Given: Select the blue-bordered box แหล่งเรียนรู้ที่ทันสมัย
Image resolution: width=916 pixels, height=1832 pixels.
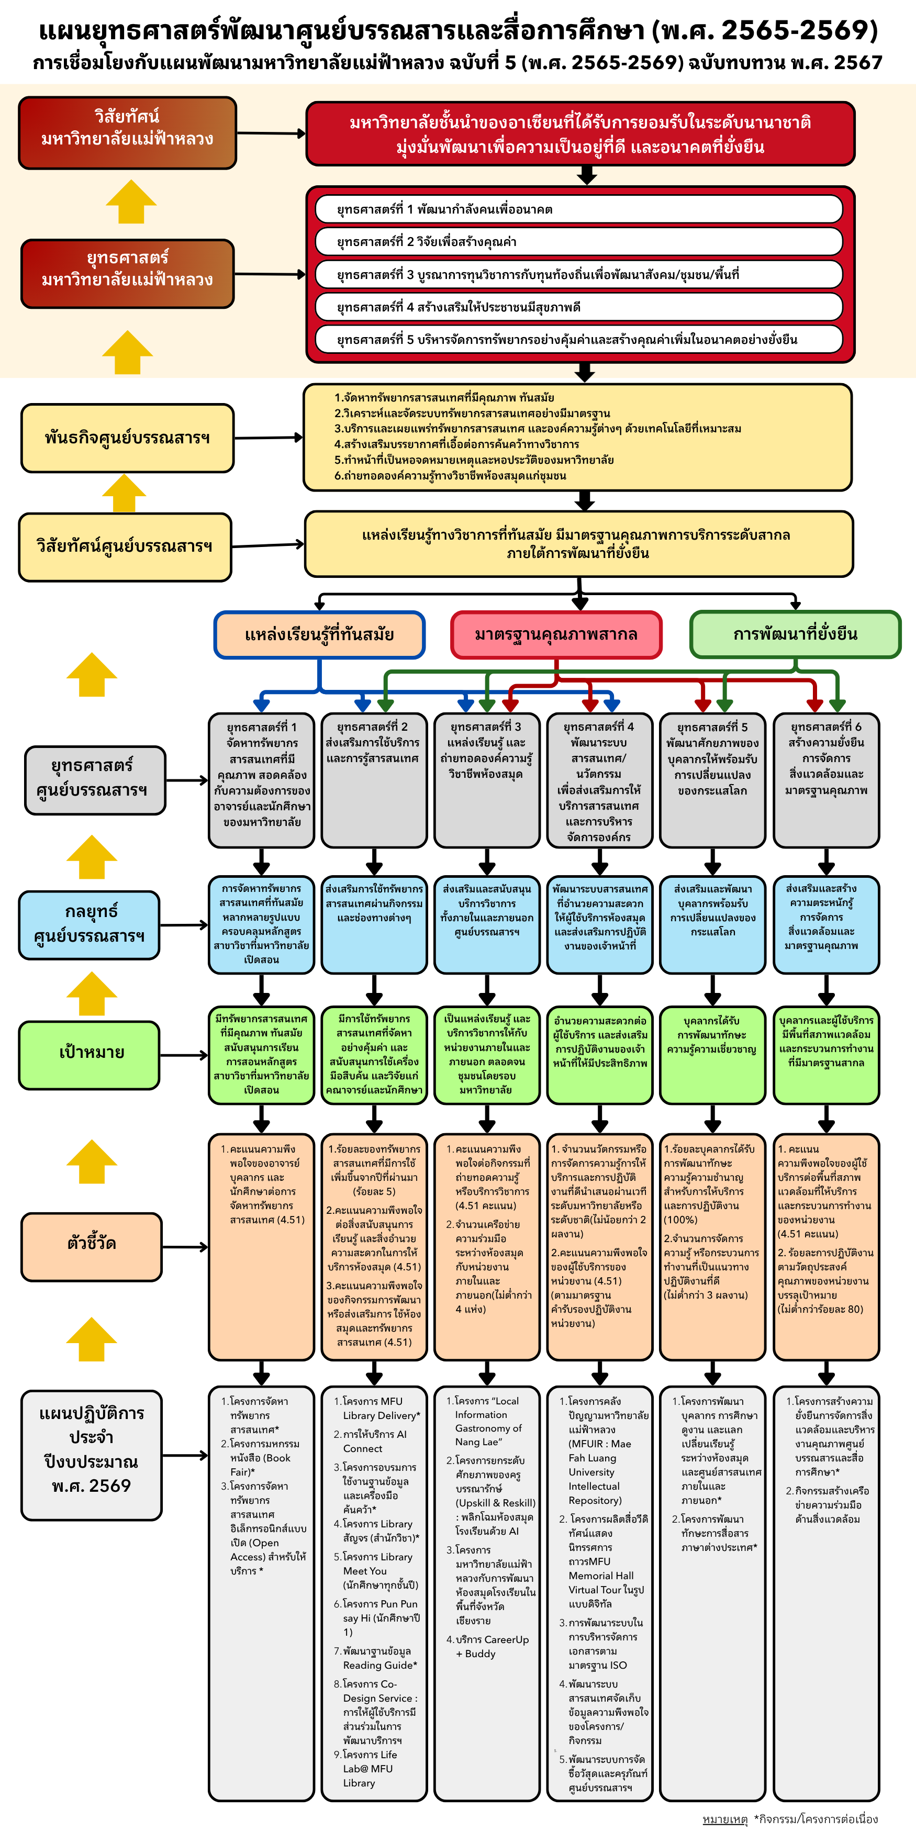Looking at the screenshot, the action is (319, 634).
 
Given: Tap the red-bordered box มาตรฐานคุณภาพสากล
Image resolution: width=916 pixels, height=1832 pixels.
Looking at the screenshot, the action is (556, 634).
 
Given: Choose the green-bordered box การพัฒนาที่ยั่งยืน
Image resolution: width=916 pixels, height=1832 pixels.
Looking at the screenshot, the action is (795, 634).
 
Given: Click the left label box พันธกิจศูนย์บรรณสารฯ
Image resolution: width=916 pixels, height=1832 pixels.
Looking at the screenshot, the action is (127, 438).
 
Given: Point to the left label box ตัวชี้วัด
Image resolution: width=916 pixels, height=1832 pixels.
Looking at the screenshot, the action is (92, 1243).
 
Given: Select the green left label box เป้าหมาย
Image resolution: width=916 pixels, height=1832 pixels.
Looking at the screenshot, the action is (92, 1053).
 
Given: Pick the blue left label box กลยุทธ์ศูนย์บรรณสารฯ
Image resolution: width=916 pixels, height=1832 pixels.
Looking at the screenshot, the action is (90, 924).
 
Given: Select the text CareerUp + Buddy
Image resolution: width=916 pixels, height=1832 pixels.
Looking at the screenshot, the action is (491, 1646).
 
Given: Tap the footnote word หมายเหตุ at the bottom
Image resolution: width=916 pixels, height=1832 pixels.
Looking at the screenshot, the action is (725, 1818).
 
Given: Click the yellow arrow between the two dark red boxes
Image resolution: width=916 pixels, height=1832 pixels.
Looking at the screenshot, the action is (131, 202).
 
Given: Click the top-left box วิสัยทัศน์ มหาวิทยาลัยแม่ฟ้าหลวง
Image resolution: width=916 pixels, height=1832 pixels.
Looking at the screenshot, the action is (127, 133).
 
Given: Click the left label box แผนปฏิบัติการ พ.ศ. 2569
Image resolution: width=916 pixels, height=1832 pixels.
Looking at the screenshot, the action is (92, 1455).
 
